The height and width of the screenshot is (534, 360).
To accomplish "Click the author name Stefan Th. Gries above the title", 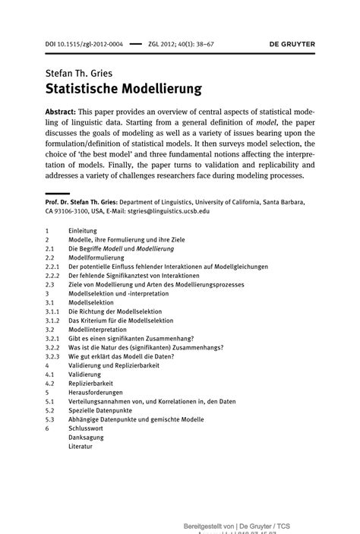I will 80,73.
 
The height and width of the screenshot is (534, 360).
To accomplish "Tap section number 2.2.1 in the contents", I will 52,267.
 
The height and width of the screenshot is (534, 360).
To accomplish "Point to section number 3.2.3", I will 52,356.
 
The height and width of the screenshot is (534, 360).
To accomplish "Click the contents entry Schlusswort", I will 87,428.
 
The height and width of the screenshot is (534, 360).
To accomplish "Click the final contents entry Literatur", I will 81,447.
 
